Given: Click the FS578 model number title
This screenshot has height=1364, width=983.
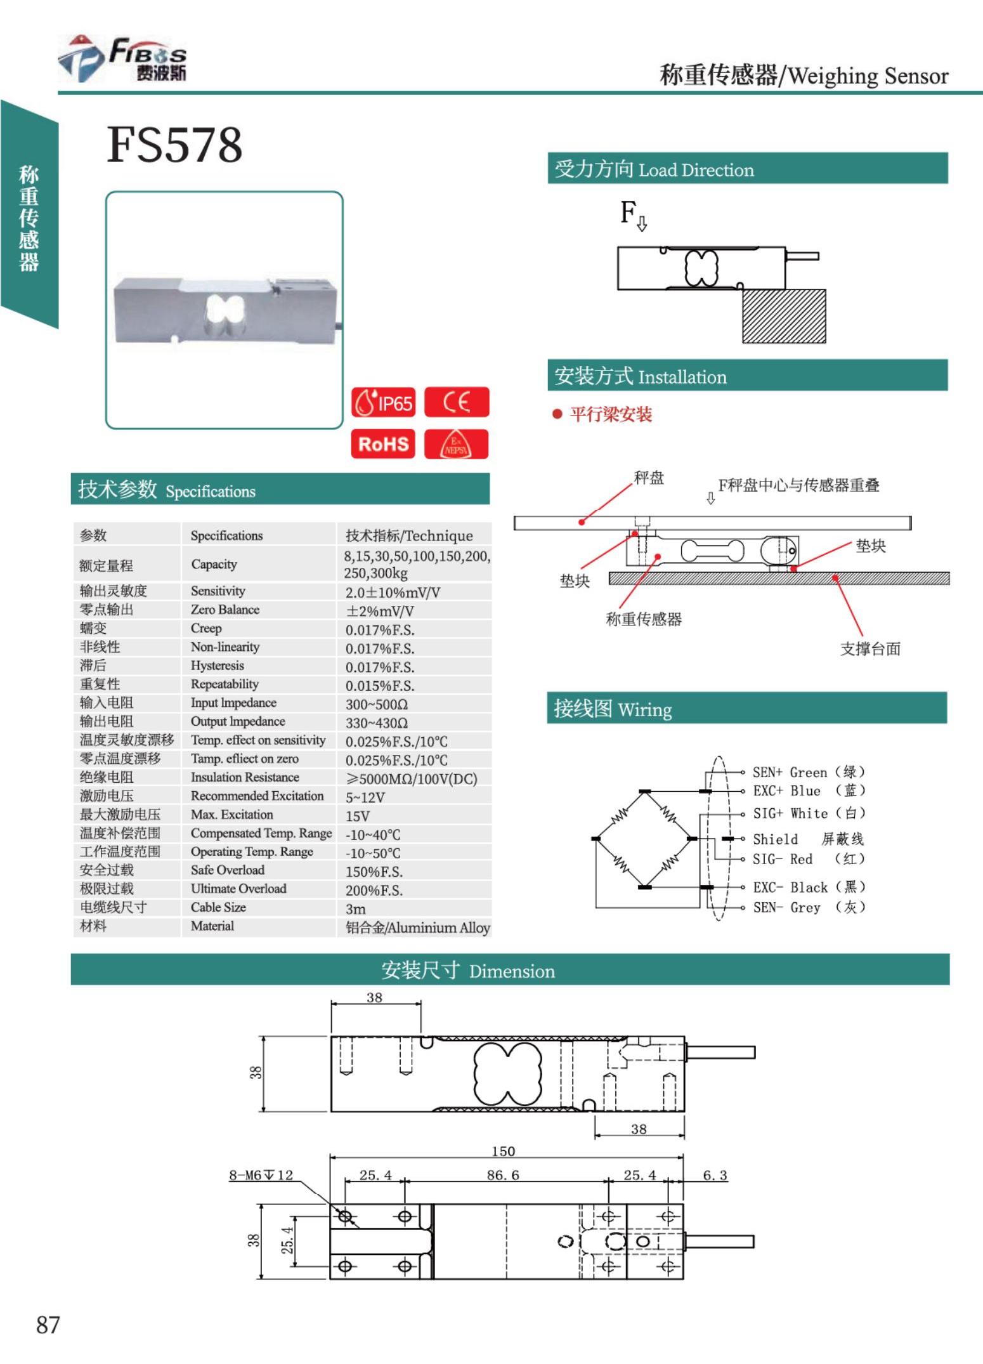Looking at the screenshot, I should point(174,145).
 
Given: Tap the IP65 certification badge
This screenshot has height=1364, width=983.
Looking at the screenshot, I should point(384,402).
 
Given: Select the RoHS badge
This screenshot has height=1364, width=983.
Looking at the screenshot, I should point(383,443).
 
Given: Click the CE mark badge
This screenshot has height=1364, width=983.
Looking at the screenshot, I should point(456,402).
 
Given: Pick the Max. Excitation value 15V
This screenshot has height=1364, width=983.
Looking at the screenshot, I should point(358,816).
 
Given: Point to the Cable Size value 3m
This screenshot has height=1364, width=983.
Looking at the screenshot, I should point(355,908).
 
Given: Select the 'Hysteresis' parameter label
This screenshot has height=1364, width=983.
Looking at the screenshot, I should point(217,666).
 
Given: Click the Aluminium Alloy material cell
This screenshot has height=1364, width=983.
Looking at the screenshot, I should point(417,928).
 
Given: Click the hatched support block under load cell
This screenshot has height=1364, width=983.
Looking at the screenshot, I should point(784,316).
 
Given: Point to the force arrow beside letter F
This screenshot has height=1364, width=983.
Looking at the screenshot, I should point(642,223).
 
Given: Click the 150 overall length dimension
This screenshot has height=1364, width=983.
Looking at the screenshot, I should point(503,1151).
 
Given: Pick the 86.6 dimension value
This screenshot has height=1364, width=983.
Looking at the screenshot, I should point(503,1175).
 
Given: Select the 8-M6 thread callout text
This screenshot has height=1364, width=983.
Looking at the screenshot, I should point(261,1175).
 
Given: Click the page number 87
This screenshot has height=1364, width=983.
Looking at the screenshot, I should point(48,1325).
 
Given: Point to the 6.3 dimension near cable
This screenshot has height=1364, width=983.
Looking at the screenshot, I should point(715,1175).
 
